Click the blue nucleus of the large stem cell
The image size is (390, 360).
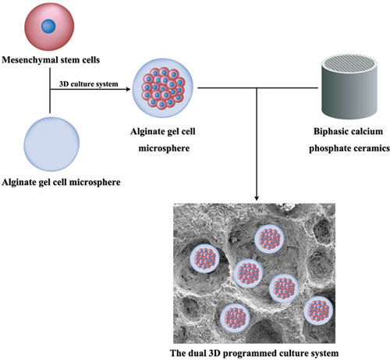click(48, 27)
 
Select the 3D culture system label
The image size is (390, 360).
click(89, 84)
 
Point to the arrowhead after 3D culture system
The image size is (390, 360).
click(128, 89)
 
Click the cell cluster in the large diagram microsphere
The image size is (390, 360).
click(163, 88)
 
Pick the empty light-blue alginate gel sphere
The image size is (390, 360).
click(51, 144)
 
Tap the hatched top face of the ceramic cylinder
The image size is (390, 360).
click(349, 63)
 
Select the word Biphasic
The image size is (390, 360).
click(330, 131)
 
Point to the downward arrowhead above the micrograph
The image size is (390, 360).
click(257, 198)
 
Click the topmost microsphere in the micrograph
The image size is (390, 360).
click(269, 239)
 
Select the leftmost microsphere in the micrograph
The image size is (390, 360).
click(205, 258)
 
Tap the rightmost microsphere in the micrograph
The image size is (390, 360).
click(318, 311)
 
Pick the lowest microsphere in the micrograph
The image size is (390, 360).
click(235, 318)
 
